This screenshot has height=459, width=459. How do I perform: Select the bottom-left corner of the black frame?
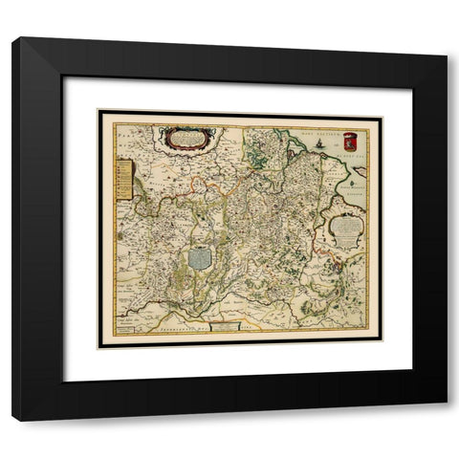pyautogui.click(x=13, y=421)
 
